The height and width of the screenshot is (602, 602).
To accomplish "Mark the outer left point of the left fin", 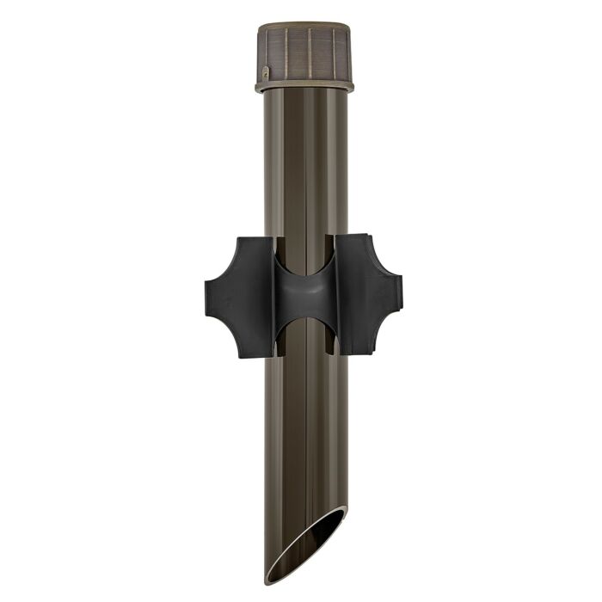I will coord(206,292).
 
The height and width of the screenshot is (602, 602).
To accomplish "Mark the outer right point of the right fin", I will coord(401,292).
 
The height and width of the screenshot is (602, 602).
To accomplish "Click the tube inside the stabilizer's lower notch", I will coord(305,340).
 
